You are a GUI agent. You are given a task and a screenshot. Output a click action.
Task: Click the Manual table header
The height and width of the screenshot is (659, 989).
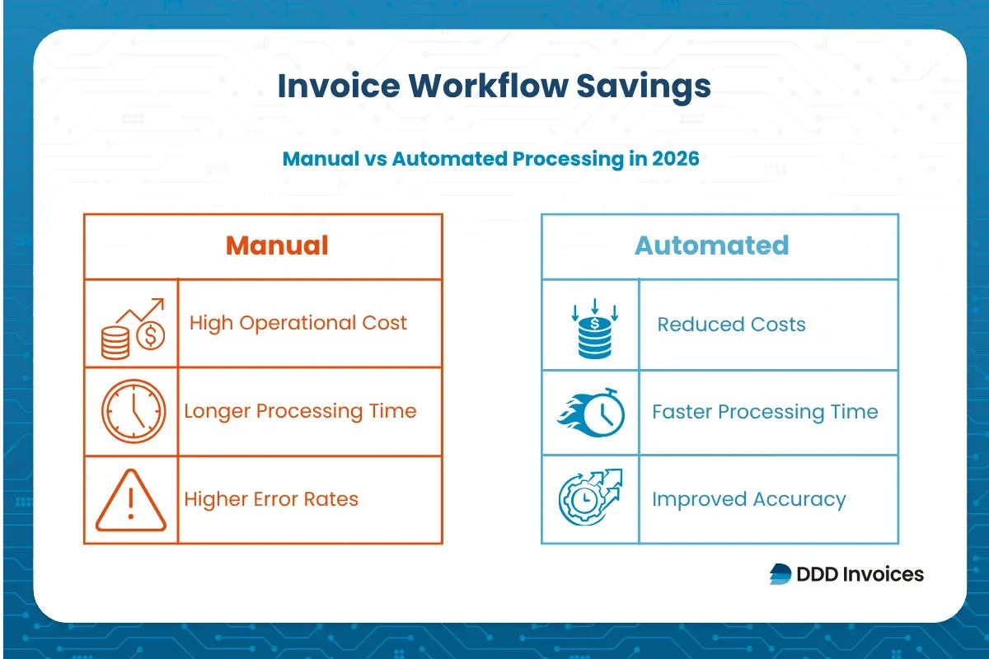[x=277, y=245]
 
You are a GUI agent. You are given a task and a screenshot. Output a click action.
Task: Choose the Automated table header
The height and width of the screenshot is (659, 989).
[x=711, y=245]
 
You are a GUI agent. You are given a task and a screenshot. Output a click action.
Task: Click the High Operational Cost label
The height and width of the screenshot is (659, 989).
[x=298, y=323]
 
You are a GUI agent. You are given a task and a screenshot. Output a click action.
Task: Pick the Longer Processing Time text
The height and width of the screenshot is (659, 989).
[x=300, y=411]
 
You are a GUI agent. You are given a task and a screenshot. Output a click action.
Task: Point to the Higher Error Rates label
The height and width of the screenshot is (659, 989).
[x=271, y=499]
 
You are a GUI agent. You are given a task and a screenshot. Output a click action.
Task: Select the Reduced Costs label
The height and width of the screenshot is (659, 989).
[x=731, y=325]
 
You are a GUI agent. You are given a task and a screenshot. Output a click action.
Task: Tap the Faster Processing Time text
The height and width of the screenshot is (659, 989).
[x=765, y=412]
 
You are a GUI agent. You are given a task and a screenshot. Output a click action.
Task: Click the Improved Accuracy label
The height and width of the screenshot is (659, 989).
[x=748, y=499]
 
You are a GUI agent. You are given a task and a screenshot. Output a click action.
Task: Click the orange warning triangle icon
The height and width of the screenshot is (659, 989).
[x=131, y=502]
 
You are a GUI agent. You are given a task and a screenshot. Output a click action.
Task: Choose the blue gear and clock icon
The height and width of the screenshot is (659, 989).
[x=590, y=498]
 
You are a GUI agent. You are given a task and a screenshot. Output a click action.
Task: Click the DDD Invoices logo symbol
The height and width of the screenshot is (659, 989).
[x=780, y=574]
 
